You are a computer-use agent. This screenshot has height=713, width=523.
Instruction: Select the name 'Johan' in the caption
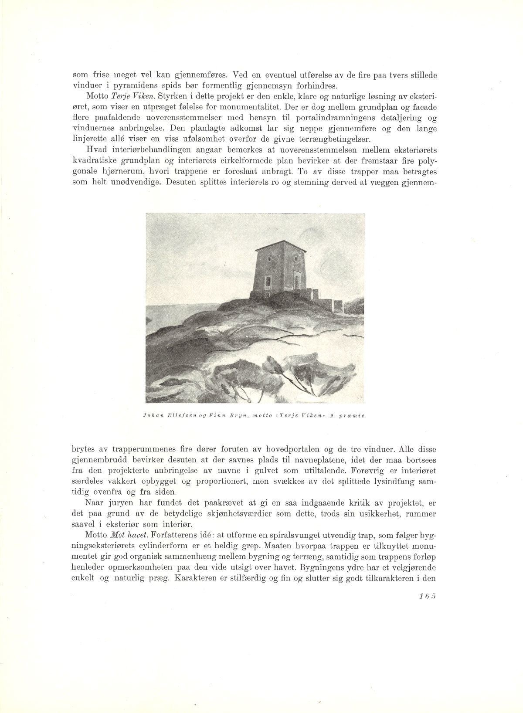[x=153, y=415]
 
